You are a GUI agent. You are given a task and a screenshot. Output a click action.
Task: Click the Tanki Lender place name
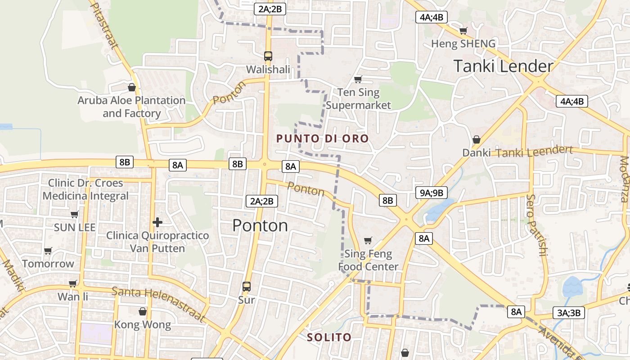(x=503, y=66)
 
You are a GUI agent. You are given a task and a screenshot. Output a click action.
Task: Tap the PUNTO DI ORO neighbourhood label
(x=322, y=139)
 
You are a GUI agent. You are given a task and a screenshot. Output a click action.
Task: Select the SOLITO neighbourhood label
(x=329, y=337)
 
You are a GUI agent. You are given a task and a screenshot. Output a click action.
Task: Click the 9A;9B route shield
(x=431, y=193)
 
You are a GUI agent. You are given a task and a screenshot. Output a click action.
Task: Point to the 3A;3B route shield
(x=568, y=313)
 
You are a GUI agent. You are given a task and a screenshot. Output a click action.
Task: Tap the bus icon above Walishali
(x=268, y=56)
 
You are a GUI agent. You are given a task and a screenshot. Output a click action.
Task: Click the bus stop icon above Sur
(x=247, y=286)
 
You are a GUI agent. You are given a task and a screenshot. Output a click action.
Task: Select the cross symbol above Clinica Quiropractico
(x=157, y=222)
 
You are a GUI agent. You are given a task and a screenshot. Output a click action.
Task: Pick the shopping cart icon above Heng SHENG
(x=463, y=31)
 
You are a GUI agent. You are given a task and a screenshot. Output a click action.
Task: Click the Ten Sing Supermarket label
(x=358, y=99)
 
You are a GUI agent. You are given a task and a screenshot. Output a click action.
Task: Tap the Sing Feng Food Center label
(x=368, y=260)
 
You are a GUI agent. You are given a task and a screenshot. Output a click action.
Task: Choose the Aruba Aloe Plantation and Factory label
(x=131, y=107)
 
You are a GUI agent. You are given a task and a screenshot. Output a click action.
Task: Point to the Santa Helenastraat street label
(x=158, y=305)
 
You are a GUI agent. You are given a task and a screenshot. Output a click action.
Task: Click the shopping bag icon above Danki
(x=476, y=139)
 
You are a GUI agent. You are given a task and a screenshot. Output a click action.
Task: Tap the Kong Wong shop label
(x=142, y=324)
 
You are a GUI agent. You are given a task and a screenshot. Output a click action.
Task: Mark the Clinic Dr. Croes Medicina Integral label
(x=85, y=189)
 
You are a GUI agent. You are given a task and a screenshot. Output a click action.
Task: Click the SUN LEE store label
(x=75, y=227)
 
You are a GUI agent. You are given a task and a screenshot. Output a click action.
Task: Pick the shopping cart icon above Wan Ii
(x=73, y=284)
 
